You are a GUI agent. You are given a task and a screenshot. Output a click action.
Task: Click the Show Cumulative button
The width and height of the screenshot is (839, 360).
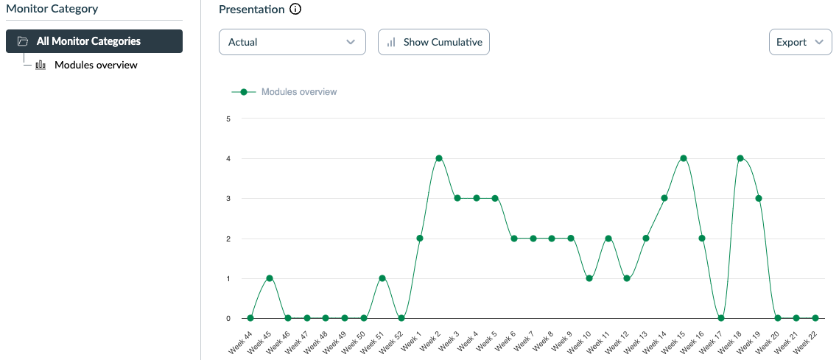tap(434, 42)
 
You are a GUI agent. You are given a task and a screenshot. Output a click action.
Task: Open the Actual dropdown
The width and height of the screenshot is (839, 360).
tap(292, 42)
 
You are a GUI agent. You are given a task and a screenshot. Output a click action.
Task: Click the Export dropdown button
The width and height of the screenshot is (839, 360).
tap(800, 42)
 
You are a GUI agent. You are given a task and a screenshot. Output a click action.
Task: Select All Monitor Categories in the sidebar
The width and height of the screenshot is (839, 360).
tap(94, 41)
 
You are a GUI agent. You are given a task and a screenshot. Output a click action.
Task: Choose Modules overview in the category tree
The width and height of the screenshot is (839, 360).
tap(96, 65)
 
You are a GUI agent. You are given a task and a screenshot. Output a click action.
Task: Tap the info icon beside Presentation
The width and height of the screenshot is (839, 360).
tap(295, 10)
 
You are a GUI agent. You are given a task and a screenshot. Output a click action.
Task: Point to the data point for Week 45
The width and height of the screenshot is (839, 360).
tap(270, 278)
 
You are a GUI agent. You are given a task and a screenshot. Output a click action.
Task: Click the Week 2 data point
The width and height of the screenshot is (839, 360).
tap(439, 158)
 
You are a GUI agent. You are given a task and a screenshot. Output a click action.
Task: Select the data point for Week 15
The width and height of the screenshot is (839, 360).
tap(684, 158)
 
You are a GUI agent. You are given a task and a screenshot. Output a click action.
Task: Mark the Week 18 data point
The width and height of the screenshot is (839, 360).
tap(740, 158)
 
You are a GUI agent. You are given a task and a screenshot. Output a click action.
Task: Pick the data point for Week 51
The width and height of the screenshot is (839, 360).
tap(382, 278)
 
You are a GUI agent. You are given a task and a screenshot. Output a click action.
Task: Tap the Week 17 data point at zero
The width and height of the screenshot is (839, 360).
tap(721, 318)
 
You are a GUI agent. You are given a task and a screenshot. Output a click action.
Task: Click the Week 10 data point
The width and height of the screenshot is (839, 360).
tap(589, 278)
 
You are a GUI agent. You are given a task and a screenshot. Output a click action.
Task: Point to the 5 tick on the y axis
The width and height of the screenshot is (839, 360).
tap(228, 119)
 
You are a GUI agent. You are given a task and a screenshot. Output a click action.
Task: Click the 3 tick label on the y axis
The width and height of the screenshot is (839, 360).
tap(228, 199)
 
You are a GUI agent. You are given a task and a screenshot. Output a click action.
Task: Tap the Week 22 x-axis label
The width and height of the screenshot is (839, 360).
tap(807, 342)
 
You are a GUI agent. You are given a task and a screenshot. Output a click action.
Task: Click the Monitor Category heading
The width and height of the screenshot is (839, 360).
tap(52, 9)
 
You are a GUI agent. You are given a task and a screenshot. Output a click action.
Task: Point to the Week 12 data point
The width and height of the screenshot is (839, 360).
tap(627, 278)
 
